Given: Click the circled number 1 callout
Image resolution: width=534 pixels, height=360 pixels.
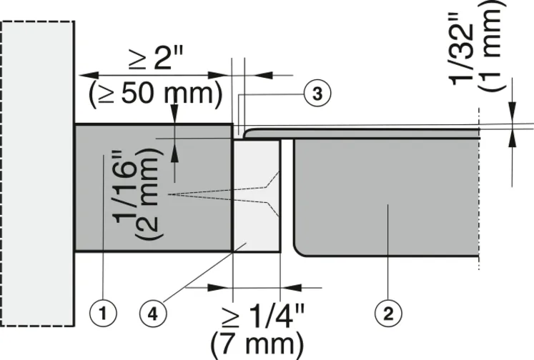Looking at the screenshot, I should click(x=104, y=312).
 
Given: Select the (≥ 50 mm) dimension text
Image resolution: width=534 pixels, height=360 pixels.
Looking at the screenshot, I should click(x=154, y=93).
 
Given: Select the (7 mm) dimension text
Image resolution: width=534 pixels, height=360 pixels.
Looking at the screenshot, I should click(x=256, y=345).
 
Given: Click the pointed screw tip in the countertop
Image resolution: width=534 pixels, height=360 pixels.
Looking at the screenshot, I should click(x=170, y=194).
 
